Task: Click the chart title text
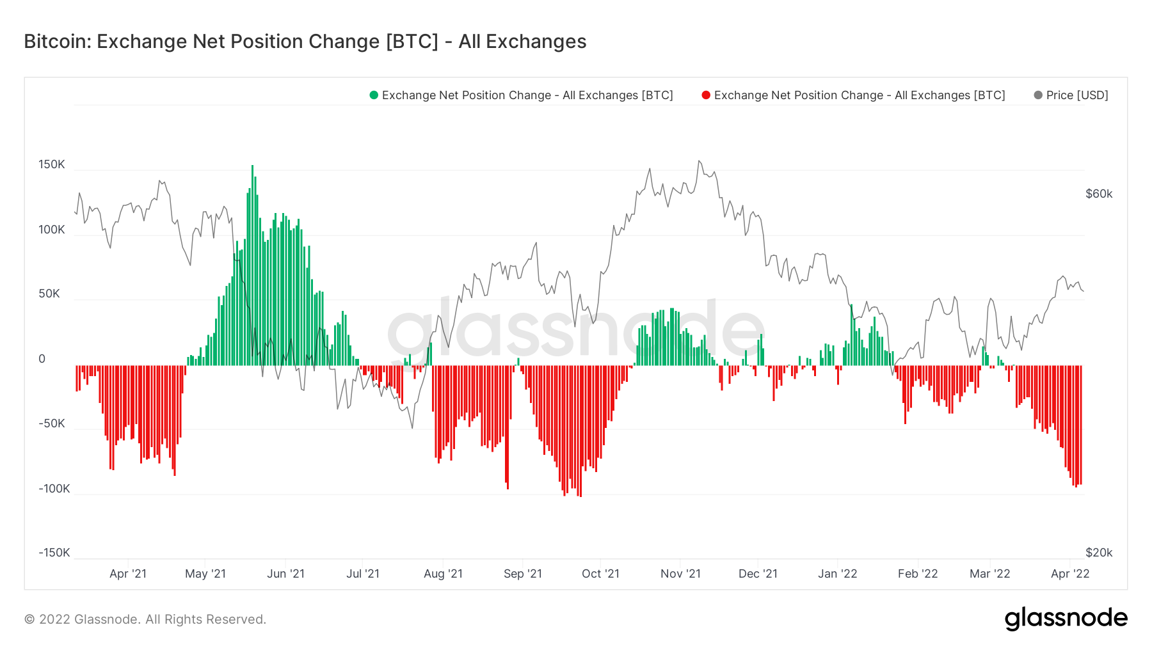[305, 42]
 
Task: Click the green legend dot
[374, 95]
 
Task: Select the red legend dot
[706, 95]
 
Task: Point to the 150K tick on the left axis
[52, 164]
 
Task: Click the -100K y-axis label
[54, 489]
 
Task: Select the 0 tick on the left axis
[42, 359]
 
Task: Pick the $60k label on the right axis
[1099, 194]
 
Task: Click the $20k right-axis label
[1099, 553]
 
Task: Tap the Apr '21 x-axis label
[128, 574]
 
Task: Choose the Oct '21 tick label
[600, 574]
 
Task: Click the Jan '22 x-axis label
[837, 574]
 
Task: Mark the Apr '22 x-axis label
[1070, 574]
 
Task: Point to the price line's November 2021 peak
[699, 161]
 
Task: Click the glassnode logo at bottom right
[1066, 619]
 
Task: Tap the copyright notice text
[145, 619]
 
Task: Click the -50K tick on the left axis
[52, 423]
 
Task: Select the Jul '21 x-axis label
[363, 574]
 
